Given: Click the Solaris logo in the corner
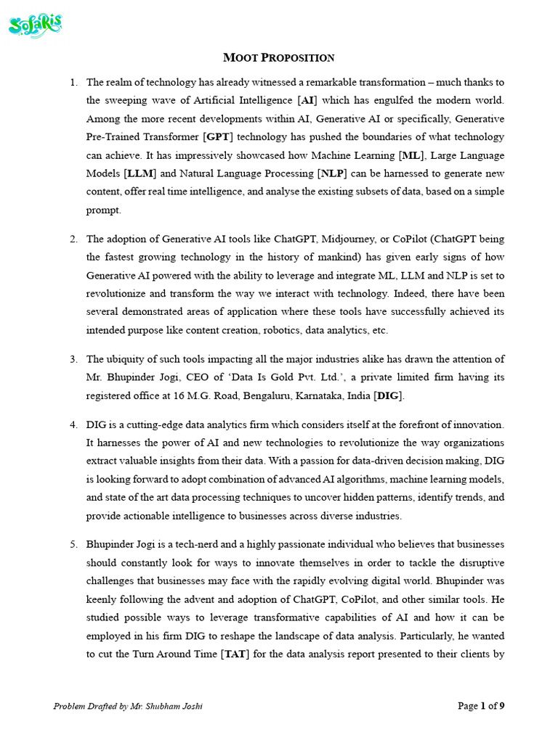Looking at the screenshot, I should (35, 26).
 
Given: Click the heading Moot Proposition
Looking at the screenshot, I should (278, 57).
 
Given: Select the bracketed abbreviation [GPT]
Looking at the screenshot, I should (217, 136).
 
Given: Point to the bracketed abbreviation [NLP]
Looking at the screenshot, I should (333, 173).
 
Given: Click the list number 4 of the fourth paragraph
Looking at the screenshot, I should (73, 424).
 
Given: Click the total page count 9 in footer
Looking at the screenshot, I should (501, 706).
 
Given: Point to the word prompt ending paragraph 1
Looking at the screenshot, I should (104, 210).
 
